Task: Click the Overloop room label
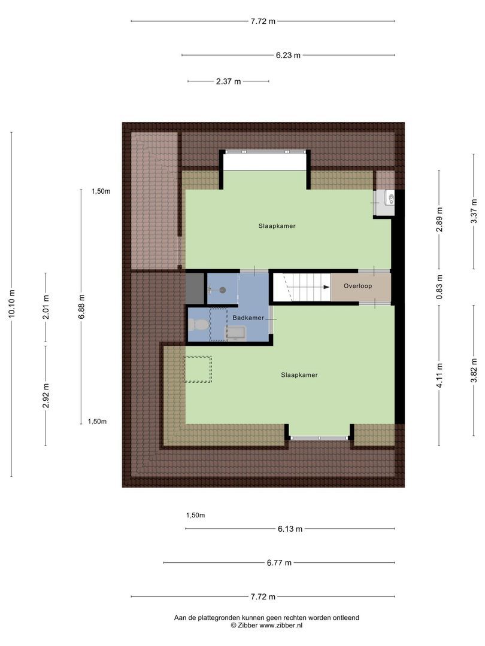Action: click(x=357, y=286)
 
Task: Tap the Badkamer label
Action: click(x=248, y=318)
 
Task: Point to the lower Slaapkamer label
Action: click(x=299, y=375)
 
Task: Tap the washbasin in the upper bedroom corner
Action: click(x=390, y=198)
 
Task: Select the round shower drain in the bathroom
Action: click(x=222, y=290)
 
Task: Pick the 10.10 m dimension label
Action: click(x=12, y=305)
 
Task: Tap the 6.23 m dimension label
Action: click(x=288, y=55)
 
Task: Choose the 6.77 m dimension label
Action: click(x=279, y=563)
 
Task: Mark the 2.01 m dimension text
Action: click(x=46, y=307)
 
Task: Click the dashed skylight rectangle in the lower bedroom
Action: click(x=197, y=369)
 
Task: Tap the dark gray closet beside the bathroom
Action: click(x=195, y=288)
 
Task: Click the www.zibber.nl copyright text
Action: click(x=267, y=625)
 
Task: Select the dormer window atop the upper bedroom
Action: click(x=265, y=152)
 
